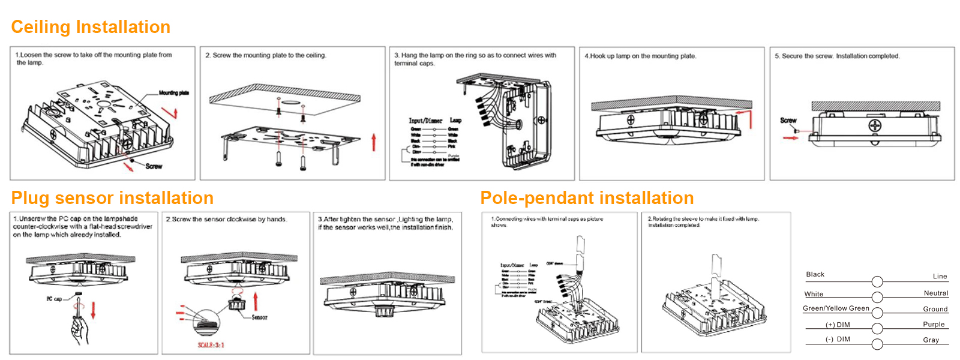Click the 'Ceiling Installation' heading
click(91, 27)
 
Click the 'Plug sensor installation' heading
click(112, 198)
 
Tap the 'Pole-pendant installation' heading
click(587, 198)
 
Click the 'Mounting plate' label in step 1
click(173, 93)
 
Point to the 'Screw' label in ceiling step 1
click(154, 166)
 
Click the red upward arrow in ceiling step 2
click(374, 142)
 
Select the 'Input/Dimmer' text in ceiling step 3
click(425, 121)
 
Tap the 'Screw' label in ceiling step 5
click(788, 121)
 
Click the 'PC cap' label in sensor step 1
click(54, 298)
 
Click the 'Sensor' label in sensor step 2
click(259, 317)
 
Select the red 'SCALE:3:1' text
click(211, 345)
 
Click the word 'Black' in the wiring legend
click(815, 274)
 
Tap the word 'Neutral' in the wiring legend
click(935, 293)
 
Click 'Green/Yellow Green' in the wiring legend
click(836, 308)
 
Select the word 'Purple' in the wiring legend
click(934, 324)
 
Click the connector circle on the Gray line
click(877, 344)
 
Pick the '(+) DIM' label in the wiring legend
click(838, 325)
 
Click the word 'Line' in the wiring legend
click(940, 277)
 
